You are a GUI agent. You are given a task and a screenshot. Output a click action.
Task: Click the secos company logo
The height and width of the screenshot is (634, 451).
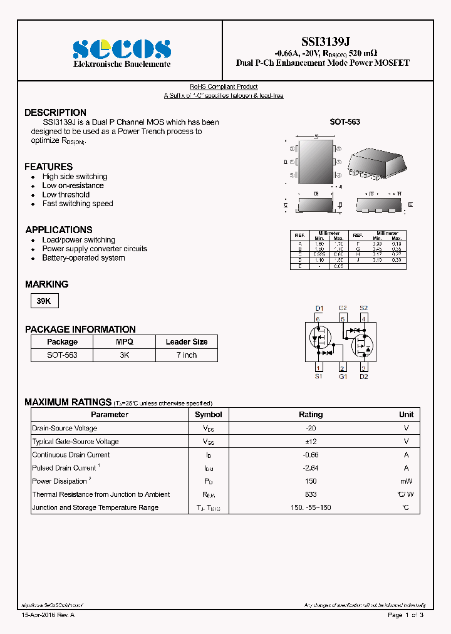click(x=122, y=49)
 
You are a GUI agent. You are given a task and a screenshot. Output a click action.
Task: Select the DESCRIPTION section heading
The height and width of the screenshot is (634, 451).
click(x=55, y=113)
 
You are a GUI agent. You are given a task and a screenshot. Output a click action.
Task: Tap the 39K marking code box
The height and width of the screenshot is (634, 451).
click(x=44, y=301)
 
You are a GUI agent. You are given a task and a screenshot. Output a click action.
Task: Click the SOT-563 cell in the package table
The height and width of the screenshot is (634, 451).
click(x=62, y=355)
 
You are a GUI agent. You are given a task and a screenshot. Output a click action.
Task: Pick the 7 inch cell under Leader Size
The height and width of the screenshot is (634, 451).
click(x=186, y=355)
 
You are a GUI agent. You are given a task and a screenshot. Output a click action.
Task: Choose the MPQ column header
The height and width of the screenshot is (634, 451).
click(x=124, y=342)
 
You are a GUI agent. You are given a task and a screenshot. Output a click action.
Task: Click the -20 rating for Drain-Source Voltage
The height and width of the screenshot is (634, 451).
click(x=311, y=428)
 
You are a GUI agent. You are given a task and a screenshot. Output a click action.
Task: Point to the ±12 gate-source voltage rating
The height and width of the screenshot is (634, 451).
click(x=311, y=442)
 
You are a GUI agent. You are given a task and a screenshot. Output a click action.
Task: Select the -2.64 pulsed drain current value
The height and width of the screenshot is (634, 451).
click(x=311, y=468)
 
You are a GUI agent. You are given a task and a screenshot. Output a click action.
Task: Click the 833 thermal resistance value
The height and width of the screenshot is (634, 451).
click(x=311, y=494)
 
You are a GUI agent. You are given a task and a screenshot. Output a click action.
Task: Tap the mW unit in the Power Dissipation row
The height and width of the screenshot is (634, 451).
click(x=406, y=481)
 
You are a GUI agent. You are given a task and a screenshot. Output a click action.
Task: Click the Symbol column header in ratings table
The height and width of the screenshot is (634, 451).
click(x=208, y=415)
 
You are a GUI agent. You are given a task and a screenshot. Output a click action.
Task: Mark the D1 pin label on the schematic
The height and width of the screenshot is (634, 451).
click(x=319, y=308)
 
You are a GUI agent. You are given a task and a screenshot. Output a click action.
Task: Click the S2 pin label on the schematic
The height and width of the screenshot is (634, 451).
click(x=363, y=308)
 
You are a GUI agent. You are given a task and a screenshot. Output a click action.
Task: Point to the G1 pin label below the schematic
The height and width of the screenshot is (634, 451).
click(x=343, y=377)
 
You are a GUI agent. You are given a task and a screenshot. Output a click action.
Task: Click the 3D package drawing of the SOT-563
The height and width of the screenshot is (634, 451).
click(x=376, y=162)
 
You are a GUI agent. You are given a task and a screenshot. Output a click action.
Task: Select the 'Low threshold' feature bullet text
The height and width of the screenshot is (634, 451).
click(x=66, y=195)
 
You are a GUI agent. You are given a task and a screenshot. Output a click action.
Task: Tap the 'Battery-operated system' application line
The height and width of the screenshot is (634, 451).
click(x=83, y=258)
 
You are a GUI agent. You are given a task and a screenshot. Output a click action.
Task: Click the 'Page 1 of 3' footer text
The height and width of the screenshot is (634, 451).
click(x=405, y=615)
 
